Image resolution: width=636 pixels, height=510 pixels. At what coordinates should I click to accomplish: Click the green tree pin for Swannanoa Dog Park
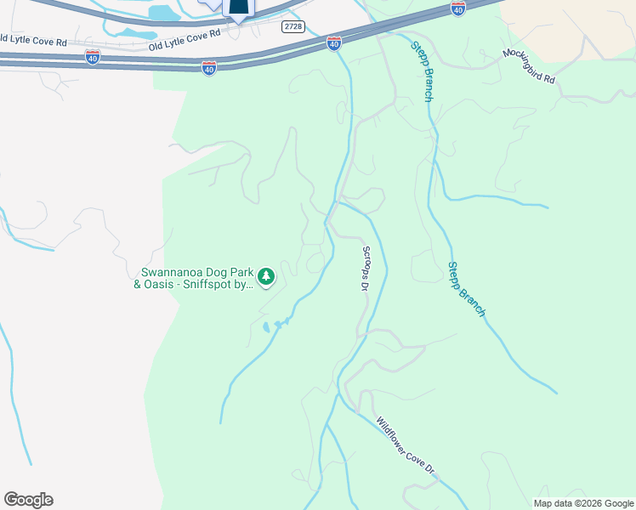pyautogui.click(x=266, y=275)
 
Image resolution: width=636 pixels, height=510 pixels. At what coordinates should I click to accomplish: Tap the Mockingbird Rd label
pyautogui.click(x=528, y=65)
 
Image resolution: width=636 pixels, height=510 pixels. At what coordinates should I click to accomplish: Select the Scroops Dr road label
pyautogui.click(x=365, y=269)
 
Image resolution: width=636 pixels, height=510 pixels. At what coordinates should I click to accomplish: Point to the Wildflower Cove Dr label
pyautogui.click(x=406, y=445)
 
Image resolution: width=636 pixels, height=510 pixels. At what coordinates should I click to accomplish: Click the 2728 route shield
pyautogui.click(x=293, y=26)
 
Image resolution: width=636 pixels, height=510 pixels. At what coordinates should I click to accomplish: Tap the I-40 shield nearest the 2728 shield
pyautogui.click(x=334, y=42)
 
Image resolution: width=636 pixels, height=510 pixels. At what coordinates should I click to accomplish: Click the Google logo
pyautogui.click(x=28, y=500)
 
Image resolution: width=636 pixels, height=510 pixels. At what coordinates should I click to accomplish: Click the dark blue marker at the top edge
pyautogui.click(x=239, y=9)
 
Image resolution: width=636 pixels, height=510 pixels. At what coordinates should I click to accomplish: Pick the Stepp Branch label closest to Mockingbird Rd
pyautogui.click(x=423, y=71)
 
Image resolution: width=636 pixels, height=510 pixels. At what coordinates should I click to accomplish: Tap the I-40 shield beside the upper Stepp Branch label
pyautogui.click(x=457, y=9)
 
